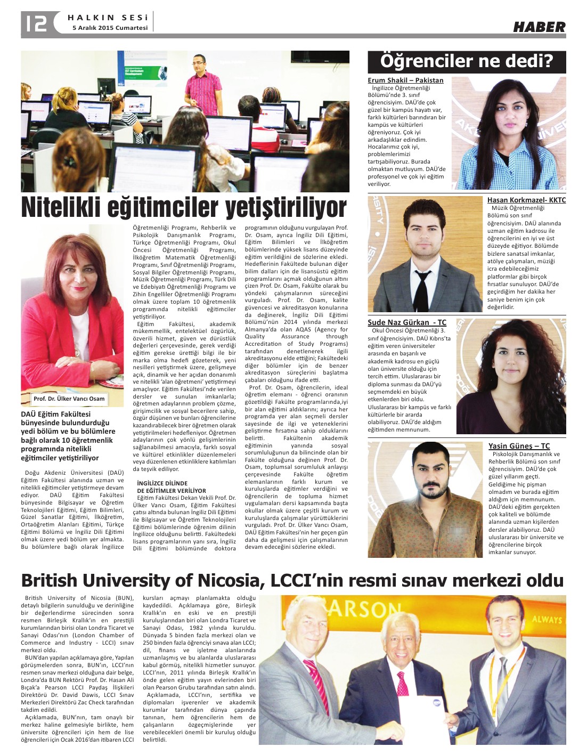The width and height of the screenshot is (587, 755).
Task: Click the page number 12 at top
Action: tap(35, 23)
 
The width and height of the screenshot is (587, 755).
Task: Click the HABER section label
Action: tap(539, 27)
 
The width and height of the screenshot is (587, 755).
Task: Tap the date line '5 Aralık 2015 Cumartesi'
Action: tap(110, 28)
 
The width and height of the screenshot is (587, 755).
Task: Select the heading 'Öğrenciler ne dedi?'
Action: tap(467, 61)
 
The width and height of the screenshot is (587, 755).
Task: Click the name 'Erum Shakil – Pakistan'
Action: tap(405, 80)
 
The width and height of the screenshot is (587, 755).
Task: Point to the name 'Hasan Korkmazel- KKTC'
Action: tap(526, 200)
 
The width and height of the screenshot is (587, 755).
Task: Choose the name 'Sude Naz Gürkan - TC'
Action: tap(407, 322)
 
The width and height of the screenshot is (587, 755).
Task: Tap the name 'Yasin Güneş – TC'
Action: tap(519, 446)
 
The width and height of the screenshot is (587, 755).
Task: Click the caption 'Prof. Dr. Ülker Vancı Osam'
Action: tap(69, 399)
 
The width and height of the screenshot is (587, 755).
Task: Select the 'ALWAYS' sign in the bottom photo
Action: tap(546, 619)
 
